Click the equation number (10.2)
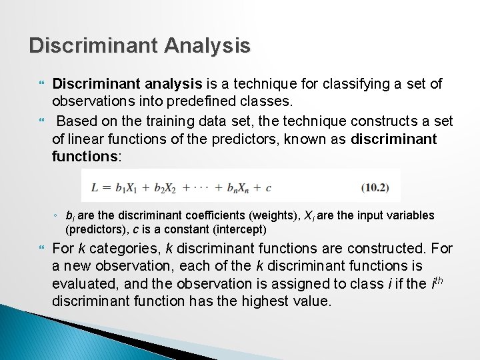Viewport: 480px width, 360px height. (375, 187)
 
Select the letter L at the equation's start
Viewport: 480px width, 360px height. (95, 187)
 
